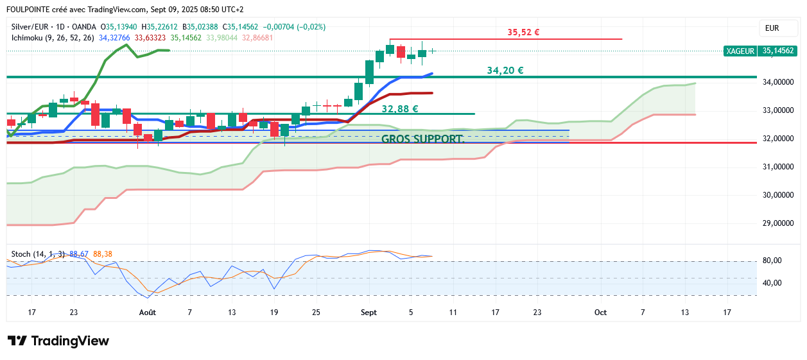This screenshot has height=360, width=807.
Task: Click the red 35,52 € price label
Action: point(523,32)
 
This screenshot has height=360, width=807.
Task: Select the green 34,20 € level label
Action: point(505,71)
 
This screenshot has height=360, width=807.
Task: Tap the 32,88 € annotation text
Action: point(400,109)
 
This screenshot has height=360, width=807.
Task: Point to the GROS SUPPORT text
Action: point(423,139)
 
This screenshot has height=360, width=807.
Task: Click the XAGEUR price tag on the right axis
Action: point(740,51)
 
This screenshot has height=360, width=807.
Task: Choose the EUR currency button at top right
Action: point(772,28)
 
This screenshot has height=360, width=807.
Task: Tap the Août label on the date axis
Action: point(148,313)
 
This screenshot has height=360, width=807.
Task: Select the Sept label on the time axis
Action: point(369,313)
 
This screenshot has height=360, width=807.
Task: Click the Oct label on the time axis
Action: point(601,313)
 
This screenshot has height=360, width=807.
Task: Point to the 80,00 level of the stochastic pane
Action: point(772,261)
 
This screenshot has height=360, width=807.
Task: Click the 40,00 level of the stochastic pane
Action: point(772,283)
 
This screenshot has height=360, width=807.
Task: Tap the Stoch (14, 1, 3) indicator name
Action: point(38,254)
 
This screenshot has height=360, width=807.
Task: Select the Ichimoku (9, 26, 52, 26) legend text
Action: point(53,38)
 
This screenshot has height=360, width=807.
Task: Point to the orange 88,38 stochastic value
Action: point(103,254)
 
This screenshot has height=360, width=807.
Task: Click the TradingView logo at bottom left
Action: point(58,341)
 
